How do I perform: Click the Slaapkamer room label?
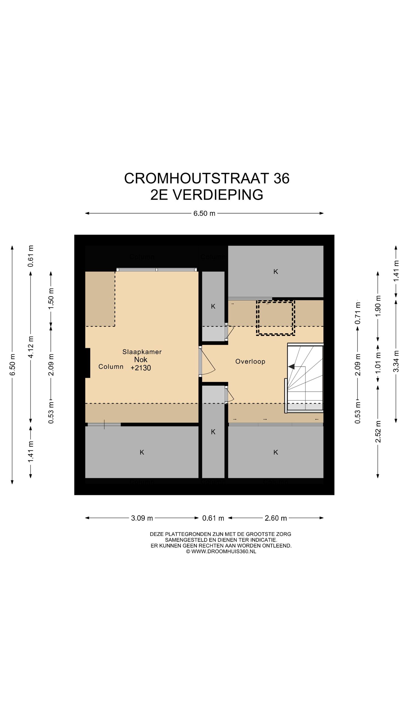142,352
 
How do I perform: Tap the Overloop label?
250,361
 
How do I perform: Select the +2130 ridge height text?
141,368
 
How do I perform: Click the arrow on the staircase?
291,367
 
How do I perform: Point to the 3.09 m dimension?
142,518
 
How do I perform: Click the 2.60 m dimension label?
276,518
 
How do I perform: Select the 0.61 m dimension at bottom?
213,518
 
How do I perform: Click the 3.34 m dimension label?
396,361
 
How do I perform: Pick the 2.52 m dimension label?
378,432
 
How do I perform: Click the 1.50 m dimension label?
51,299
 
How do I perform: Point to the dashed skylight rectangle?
275,318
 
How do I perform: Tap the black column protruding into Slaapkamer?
87,363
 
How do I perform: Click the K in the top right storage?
275,272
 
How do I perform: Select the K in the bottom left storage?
142,452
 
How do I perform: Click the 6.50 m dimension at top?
204,213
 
